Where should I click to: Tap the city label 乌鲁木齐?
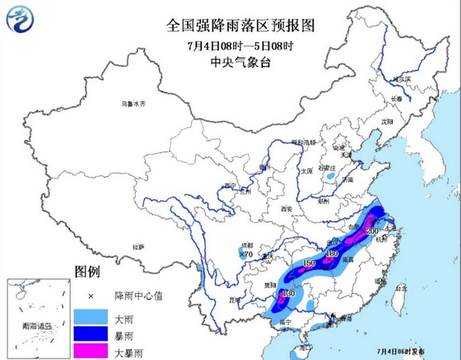pyautogui.click(x=133, y=104)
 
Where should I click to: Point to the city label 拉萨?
pyautogui.click(x=139, y=246)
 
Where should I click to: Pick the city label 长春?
pyautogui.click(x=397, y=99)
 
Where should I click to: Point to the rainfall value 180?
pyautogui.click(x=332, y=254)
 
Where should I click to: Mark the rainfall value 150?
pyautogui.click(x=308, y=265)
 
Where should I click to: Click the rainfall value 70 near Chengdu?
pyautogui.click(x=248, y=254)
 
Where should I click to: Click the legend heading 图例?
pyautogui.click(x=88, y=272)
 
